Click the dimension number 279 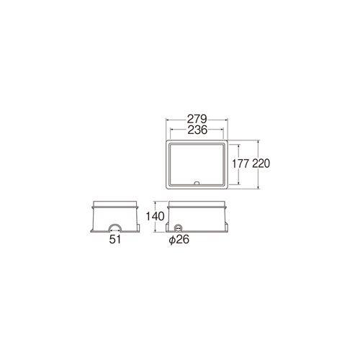point(197,119)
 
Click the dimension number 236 point(197,130)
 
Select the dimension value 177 point(241,164)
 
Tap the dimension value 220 point(261,164)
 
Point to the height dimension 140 point(153,217)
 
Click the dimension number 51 point(115,240)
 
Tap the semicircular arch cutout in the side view point(115,227)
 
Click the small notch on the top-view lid point(197,183)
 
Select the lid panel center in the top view point(197,163)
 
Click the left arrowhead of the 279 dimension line point(167,123)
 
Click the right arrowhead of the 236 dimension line point(225,134)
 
